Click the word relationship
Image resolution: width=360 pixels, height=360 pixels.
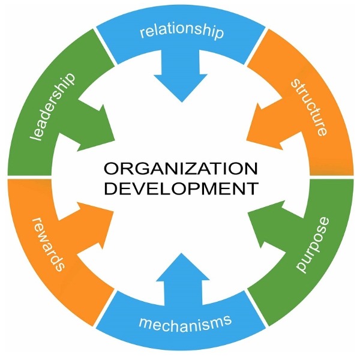[181, 31]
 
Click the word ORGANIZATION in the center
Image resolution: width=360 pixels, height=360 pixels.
[180, 167]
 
